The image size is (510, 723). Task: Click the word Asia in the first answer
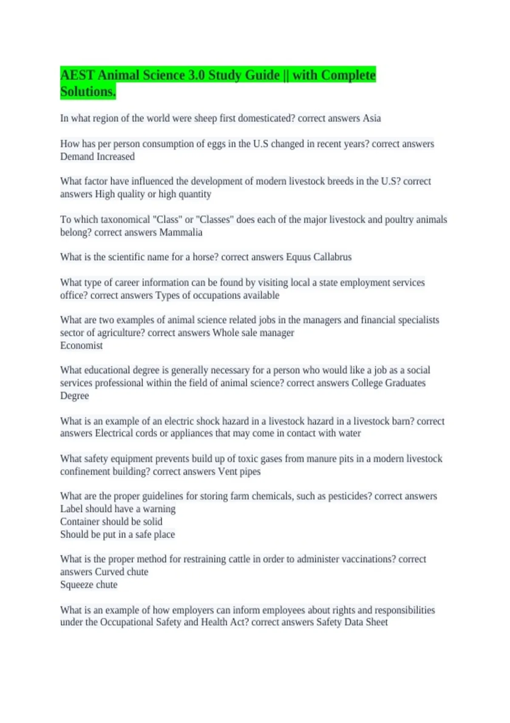coord(371,118)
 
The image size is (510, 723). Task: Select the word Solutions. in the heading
coord(88,92)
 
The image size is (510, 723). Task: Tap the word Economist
coord(81,345)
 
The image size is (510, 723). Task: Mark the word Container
coord(79,521)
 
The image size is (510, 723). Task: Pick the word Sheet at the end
coord(376,622)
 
